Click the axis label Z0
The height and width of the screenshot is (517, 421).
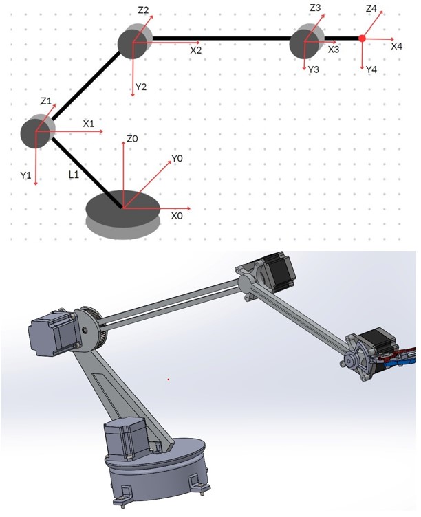point(133,139)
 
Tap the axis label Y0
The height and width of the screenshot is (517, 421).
point(177,159)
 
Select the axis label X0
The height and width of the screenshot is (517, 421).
point(177,215)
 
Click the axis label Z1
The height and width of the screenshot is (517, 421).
point(46,101)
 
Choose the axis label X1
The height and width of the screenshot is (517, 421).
point(88,124)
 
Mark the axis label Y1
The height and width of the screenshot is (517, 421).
point(26,176)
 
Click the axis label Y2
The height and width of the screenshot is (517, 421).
point(141,87)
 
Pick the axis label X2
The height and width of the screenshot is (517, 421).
point(196,50)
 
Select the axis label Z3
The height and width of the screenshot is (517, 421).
point(315,8)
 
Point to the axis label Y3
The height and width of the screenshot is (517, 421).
point(314,70)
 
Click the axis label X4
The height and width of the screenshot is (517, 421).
point(396,46)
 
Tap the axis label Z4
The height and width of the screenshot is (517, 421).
point(372,9)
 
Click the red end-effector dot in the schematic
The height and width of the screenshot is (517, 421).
point(362,38)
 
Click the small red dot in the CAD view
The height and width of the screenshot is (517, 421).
point(169,378)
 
